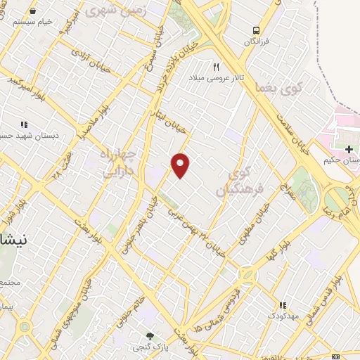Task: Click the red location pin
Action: point(181,165)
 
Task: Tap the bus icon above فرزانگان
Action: point(256,30)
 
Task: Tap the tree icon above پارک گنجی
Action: point(149,336)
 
